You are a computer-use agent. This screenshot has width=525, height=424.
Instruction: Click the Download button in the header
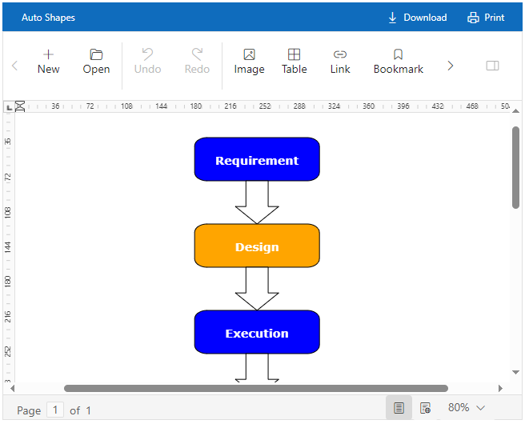(x=417, y=18)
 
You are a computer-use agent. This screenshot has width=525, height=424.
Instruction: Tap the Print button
(x=486, y=18)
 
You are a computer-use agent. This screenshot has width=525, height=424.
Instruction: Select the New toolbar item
(x=49, y=62)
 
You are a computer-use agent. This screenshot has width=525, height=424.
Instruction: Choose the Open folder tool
(x=96, y=62)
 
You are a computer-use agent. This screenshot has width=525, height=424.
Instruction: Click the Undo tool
(x=147, y=62)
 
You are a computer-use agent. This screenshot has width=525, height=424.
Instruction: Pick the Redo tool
(x=197, y=62)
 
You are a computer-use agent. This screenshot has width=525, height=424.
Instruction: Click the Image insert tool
(x=249, y=62)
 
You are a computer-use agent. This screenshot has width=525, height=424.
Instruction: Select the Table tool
(x=295, y=62)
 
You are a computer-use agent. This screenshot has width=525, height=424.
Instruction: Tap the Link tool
(x=340, y=62)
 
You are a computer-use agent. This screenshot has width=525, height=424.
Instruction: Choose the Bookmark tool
(x=399, y=62)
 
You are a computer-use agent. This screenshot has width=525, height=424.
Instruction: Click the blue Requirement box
(x=257, y=159)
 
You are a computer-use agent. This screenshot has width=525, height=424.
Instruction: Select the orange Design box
(x=257, y=246)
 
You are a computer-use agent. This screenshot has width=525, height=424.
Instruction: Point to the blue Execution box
(x=257, y=332)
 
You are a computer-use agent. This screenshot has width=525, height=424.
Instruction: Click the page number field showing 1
(x=55, y=410)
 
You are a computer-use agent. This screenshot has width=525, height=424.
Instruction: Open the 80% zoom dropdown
(x=467, y=408)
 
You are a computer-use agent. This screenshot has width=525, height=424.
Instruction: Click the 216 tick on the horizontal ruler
(x=230, y=106)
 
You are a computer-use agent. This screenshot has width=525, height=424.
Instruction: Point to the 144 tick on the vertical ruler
(x=8, y=247)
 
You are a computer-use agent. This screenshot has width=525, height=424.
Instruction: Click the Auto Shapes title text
(x=49, y=18)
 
